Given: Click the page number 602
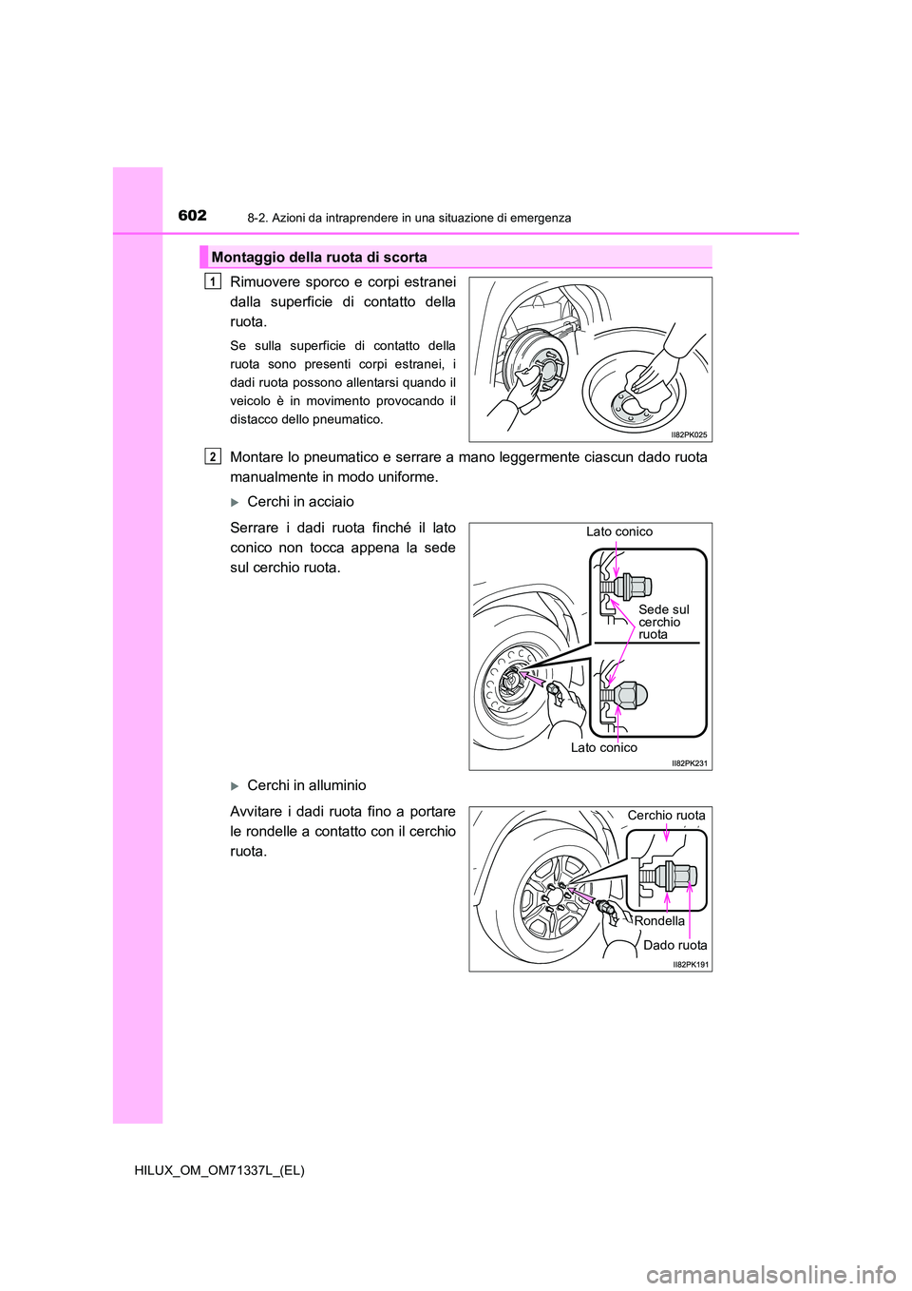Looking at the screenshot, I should (x=192, y=216).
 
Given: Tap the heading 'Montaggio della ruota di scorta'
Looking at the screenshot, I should (x=319, y=258).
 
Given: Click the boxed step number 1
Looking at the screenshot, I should (x=213, y=281).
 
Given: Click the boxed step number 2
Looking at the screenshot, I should (x=213, y=457).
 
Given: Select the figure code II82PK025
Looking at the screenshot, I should (x=689, y=434).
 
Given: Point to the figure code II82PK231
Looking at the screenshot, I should (x=689, y=762).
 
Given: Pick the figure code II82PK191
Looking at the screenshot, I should (x=691, y=964).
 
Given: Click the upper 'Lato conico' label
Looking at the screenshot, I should (x=619, y=532).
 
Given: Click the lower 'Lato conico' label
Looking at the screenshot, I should (x=604, y=748).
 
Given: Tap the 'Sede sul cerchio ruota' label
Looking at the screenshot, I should (x=663, y=622).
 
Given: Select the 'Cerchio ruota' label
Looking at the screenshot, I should (x=666, y=816).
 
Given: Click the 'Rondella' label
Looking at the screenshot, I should (x=659, y=921).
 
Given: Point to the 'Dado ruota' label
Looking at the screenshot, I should (x=674, y=945).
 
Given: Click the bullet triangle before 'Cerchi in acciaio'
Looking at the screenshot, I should (x=236, y=503).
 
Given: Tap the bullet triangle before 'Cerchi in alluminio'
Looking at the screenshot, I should (x=236, y=786).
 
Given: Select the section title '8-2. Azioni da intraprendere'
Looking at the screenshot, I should (x=408, y=218).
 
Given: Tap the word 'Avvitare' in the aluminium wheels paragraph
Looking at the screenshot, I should (x=256, y=812).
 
